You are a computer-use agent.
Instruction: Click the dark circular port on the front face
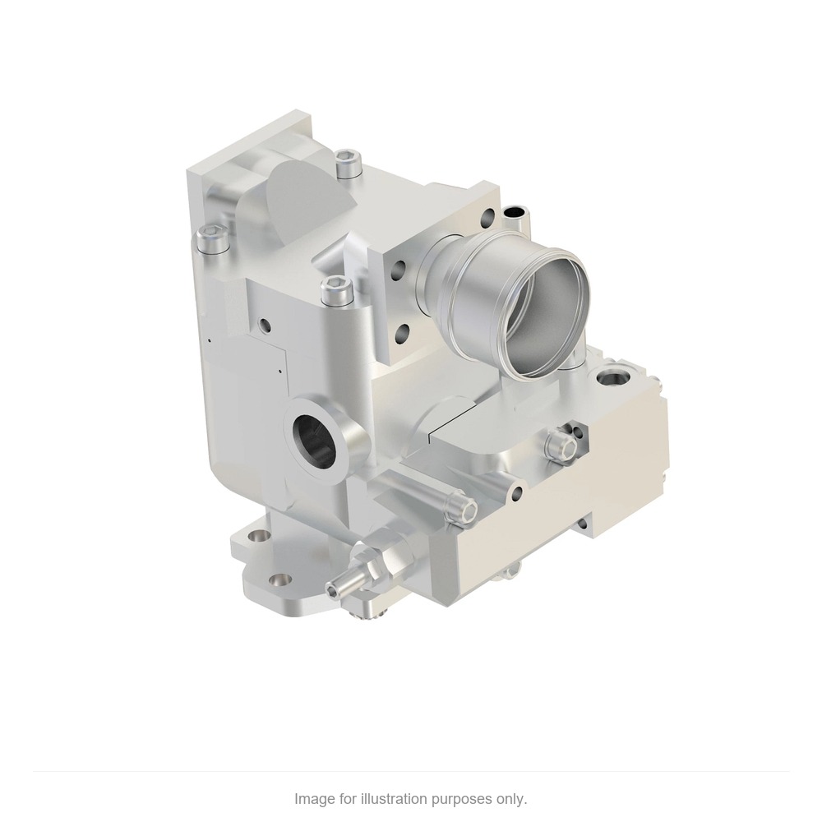[313, 433]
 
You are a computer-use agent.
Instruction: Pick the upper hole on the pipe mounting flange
[487, 215]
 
